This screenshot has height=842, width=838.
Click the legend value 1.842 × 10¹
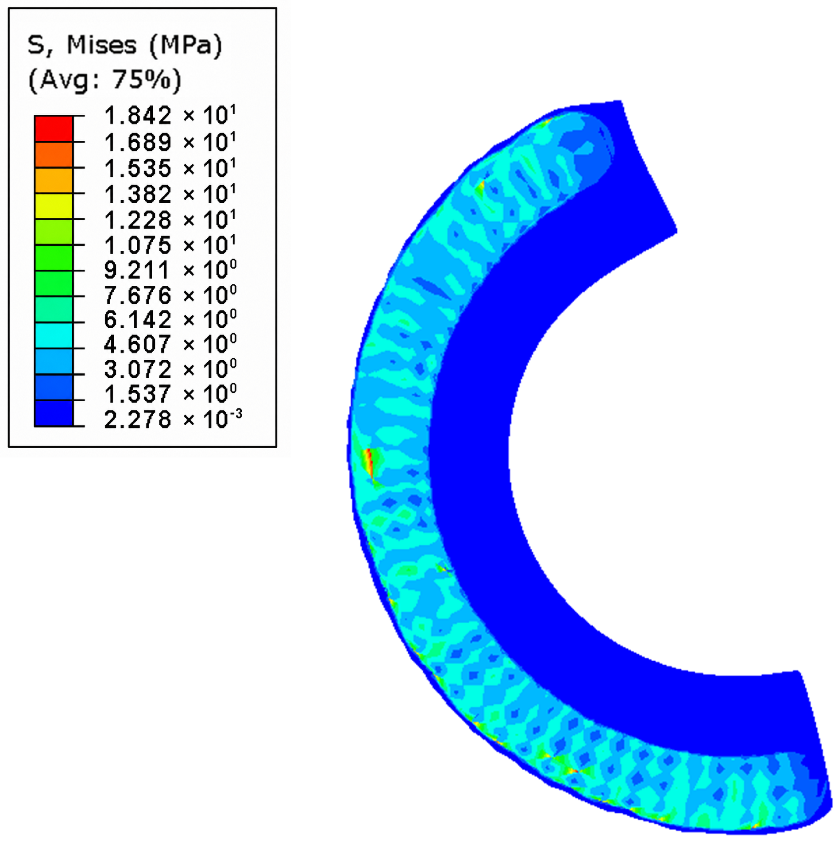(170, 116)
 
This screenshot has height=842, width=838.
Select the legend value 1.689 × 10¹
(170, 142)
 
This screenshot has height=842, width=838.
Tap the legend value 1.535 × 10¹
(170, 168)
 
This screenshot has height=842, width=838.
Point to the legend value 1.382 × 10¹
(170, 194)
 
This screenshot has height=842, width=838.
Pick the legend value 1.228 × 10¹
(170, 219)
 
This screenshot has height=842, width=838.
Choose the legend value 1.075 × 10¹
(170, 245)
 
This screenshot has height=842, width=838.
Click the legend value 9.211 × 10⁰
(170, 270)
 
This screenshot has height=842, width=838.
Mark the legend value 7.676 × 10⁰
(170, 295)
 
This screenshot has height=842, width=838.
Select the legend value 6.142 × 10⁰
(170, 319)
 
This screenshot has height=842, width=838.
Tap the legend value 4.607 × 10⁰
(170, 344)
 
